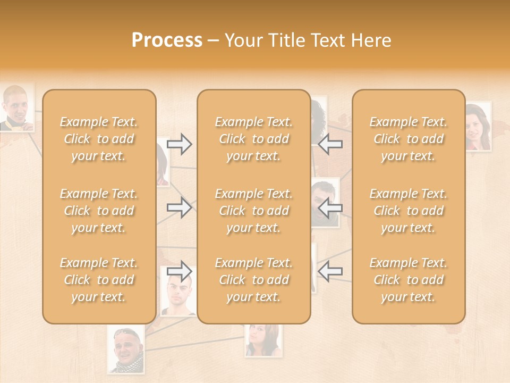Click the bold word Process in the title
tap(167, 40)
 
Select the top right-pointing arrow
tap(180, 144)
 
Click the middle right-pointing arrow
tap(180, 207)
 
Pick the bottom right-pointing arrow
tap(180, 271)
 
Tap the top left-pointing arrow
tap(330, 144)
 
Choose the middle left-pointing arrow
tap(330, 207)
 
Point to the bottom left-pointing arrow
tap(330, 271)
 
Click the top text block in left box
tap(99, 139)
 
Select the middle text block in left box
tap(99, 211)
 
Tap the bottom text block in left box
tap(99, 280)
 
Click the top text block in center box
tap(253, 139)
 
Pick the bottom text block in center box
tap(253, 280)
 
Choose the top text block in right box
tap(408, 139)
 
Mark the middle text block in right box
tap(408, 211)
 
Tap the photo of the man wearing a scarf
tap(126, 350)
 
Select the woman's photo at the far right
tap(478, 127)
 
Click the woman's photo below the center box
tap(263, 340)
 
